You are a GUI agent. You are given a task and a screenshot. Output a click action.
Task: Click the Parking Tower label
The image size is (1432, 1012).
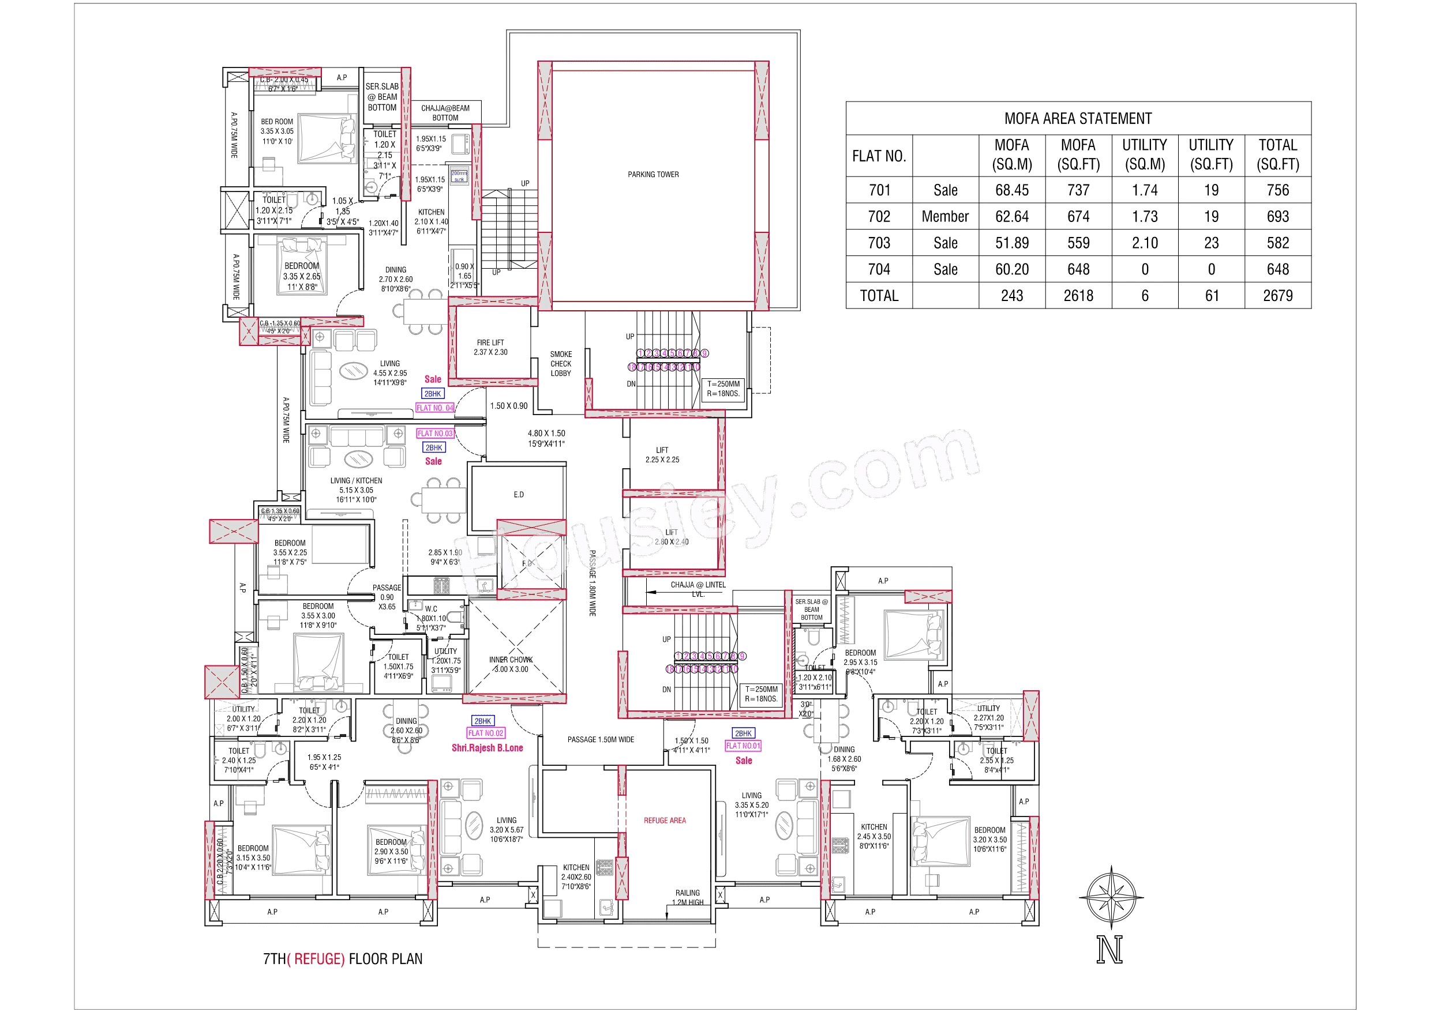[653, 175]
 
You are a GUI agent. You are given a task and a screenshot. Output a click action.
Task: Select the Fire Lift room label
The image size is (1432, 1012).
[490, 347]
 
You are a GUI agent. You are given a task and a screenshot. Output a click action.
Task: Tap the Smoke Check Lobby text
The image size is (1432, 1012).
[561, 363]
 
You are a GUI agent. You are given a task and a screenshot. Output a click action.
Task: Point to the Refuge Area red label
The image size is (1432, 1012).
[665, 821]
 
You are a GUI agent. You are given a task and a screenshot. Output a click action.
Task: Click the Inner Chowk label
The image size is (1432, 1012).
[511, 664]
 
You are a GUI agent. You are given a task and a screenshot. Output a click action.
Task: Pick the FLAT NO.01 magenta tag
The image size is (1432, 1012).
[743, 746]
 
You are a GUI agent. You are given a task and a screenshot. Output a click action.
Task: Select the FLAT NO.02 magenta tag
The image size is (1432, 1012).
[485, 733]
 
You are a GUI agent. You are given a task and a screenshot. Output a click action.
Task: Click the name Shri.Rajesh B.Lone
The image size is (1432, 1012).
[487, 748]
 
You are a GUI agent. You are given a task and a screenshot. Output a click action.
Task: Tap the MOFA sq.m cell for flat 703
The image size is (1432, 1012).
[1011, 243]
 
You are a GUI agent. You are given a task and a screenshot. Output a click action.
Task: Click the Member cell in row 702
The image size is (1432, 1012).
[945, 216]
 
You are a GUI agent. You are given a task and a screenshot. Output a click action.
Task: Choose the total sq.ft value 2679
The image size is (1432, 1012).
[1277, 296]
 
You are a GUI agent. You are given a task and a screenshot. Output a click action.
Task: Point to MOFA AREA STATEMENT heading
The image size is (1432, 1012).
[1078, 118]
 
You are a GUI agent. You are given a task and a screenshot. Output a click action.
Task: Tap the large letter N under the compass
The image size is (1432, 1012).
[1109, 950]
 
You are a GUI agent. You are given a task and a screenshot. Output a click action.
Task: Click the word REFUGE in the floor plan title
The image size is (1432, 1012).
[318, 958]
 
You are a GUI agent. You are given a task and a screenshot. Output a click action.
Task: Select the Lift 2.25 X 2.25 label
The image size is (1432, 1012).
[662, 454]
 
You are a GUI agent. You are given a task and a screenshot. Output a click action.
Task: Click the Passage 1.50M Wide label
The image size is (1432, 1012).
[601, 739]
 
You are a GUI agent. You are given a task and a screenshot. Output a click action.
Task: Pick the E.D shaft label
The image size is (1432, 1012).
[519, 494]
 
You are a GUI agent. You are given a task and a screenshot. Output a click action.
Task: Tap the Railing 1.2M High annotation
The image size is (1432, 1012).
[687, 897]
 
